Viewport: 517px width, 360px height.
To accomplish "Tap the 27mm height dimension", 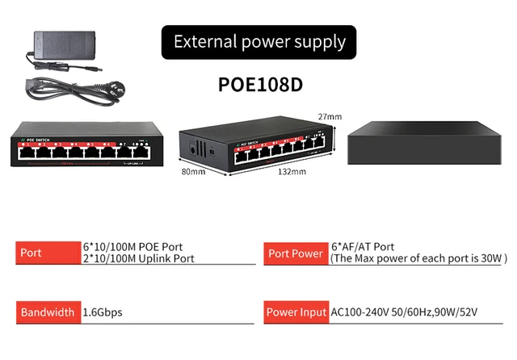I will point(330,117).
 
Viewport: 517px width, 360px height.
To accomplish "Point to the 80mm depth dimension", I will point(193,171).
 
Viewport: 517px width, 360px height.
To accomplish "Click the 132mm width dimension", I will point(292,171).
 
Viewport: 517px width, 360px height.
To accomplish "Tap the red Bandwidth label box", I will point(47,312).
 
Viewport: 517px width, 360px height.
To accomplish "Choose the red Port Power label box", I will point(295,253).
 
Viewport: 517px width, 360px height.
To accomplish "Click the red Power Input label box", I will point(295,312).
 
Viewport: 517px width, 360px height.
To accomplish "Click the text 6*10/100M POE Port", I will point(133,247).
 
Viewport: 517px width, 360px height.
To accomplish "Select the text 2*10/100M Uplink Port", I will point(139,259).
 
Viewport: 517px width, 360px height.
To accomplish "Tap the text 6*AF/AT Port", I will point(363,247).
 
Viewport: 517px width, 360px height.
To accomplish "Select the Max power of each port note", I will point(418,259).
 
